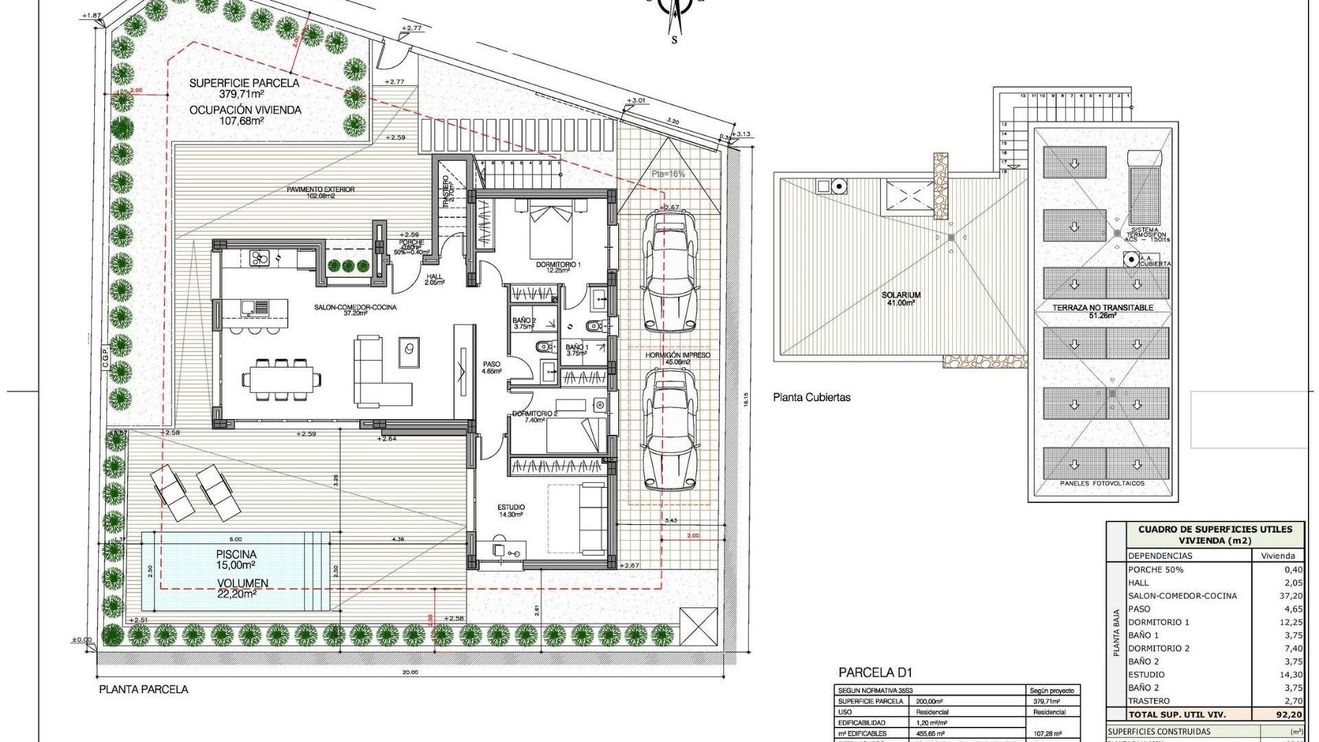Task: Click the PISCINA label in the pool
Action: point(236,554)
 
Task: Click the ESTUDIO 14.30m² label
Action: point(510,510)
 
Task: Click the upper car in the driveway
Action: point(669,271)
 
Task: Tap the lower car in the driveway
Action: point(669,429)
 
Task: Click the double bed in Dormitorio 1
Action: point(550,227)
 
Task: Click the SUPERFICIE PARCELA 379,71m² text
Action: point(244,88)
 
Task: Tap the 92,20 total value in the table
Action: point(1288,715)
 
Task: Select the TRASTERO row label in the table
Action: point(1149,701)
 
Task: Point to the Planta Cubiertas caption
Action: point(811,397)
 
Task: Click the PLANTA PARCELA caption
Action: point(143,689)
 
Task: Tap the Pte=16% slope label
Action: point(668,174)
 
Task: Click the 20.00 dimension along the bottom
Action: point(409,673)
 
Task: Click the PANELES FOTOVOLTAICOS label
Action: point(1102,484)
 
